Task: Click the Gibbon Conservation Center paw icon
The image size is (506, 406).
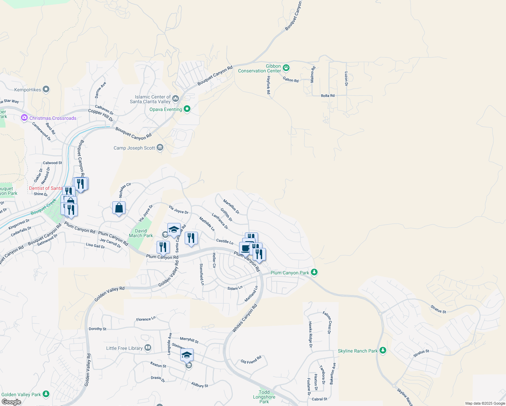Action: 286,68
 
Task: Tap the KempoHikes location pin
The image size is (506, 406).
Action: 46,90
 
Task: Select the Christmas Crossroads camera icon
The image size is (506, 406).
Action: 24,118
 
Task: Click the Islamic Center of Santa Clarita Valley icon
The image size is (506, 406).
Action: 175,99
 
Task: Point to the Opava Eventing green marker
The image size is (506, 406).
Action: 187,109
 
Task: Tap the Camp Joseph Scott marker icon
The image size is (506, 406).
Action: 160,148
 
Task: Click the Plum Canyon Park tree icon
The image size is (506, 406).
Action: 314,272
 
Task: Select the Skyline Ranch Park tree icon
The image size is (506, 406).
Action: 383,351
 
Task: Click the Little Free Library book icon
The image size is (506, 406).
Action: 147,348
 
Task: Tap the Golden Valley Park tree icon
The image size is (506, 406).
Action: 46,394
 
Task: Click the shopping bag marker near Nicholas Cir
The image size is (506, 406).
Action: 119,208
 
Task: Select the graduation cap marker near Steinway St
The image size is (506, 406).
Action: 187,355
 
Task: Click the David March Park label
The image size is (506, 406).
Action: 141,233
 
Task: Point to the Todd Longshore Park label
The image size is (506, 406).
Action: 264,397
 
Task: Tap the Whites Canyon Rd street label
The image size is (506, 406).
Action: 245,318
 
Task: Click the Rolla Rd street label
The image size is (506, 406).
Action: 327,96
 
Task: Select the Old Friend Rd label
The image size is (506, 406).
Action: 251,360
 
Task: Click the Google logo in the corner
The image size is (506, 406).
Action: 11,402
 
